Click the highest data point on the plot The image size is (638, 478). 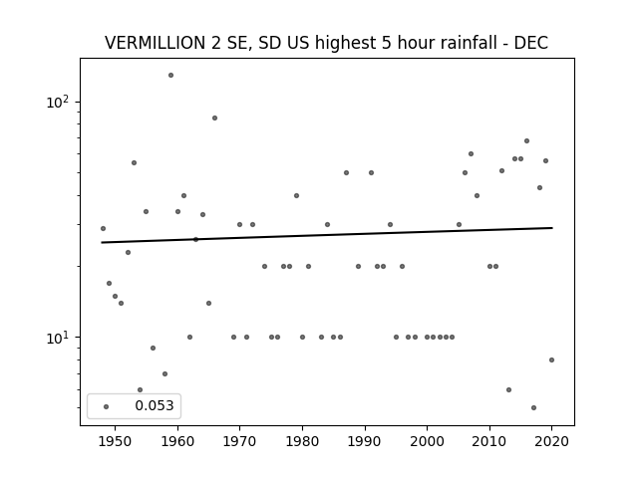pos(170,76)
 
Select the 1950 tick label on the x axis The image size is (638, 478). pos(116,441)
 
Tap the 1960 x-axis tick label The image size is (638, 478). pos(177,441)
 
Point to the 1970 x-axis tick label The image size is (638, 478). pos(240,441)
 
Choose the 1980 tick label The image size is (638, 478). pos(302,441)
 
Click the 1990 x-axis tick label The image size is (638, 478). pos(365,441)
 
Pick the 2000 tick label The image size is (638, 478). pos(428,441)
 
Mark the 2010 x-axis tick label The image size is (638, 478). pos(489,441)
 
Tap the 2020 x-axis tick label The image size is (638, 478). pos(551,441)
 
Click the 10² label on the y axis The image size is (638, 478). pos(57,102)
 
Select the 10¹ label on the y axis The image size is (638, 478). pos(57,338)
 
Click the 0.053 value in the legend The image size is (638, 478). pos(155,405)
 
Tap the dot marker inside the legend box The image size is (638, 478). pos(107,406)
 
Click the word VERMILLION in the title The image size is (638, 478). pos(156,43)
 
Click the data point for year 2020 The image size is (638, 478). pos(551,359)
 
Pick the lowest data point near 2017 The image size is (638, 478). pos(534,407)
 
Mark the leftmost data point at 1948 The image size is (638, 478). pos(103,228)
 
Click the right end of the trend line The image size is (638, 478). pos(552,228)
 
